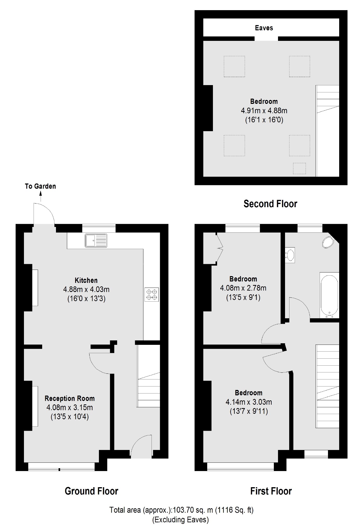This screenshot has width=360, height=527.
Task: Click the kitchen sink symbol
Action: [x=96, y=240]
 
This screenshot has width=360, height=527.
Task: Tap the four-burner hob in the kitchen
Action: [x=151, y=295]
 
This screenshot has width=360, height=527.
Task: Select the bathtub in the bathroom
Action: [x=329, y=295]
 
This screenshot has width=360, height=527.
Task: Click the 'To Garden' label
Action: [x=40, y=186]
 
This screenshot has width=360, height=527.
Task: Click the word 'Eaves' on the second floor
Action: [x=264, y=28]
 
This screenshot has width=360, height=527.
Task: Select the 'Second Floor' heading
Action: [x=270, y=204]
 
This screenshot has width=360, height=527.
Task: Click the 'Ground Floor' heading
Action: [x=91, y=491]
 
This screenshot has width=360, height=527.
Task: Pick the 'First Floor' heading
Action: [x=271, y=491]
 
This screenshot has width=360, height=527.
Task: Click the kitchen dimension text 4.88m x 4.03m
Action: [x=86, y=289]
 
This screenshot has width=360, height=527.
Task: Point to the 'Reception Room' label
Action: [x=70, y=398]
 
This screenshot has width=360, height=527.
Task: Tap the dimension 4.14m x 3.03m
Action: [x=249, y=402]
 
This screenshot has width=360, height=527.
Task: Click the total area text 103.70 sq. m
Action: [x=181, y=510]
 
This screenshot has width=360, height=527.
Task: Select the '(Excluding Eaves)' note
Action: [x=180, y=520]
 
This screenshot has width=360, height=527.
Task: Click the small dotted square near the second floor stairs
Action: [x=299, y=168]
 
